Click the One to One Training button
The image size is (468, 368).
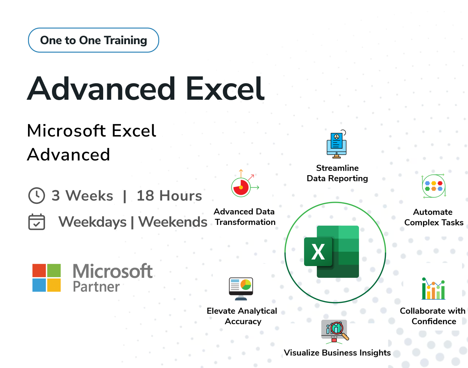pos(94,40)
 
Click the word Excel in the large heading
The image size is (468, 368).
pos(225,89)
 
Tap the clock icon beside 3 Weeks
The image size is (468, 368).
pos(36,195)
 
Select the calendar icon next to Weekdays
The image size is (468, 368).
pos(36,222)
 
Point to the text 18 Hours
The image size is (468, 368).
pos(169,196)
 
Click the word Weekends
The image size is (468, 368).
pos(173,222)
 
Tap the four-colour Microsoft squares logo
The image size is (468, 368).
pos(46,278)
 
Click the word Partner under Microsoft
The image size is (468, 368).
pos(96,287)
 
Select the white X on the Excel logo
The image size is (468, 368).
pos(318,252)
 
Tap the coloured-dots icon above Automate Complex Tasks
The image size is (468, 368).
pos(434,186)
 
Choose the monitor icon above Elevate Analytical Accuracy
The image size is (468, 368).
pos(241,288)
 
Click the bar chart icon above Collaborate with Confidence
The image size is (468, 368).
pos(433,289)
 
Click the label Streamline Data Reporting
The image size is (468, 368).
pos(337,173)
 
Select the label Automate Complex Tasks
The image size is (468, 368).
pos(433,217)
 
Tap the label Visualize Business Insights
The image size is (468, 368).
pos(337,353)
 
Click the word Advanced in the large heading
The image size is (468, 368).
pos(101,89)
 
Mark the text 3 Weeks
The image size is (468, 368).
pos(82,196)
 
